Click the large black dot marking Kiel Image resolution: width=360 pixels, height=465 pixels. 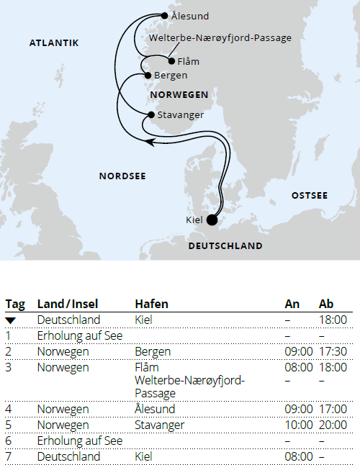pyautogui.click(x=212, y=220)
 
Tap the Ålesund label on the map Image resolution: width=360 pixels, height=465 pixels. pyautogui.click(x=190, y=15)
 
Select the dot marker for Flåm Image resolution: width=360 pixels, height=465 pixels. pyautogui.click(x=171, y=60)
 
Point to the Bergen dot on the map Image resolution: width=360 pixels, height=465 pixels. pyautogui.click(x=148, y=75)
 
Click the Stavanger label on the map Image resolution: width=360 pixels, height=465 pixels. pyautogui.click(x=180, y=114)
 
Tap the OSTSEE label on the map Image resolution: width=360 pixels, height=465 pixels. pyautogui.click(x=309, y=196)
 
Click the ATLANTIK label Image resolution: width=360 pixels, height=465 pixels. pyautogui.click(x=54, y=43)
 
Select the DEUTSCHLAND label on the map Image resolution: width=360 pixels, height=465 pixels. pyautogui.click(x=225, y=246)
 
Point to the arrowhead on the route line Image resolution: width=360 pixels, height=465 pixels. pyautogui.click(x=150, y=143)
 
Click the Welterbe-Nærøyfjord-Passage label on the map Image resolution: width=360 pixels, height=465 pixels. pyautogui.click(x=220, y=38)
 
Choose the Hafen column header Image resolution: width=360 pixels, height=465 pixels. pyautogui.click(x=149, y=304)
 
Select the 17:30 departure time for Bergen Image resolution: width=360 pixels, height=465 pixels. pyautogui.click(x=333, y=352)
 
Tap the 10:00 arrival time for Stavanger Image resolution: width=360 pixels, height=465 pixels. pyautogui.click(x=299, y=425)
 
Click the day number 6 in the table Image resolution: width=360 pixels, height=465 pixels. pyautogui.click(x=9, y=441)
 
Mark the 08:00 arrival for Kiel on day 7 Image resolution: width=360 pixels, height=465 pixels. pyautogui.click(x=299, y=456)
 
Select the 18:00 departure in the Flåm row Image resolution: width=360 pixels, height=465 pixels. pyautogui.click(x=333, y=368)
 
